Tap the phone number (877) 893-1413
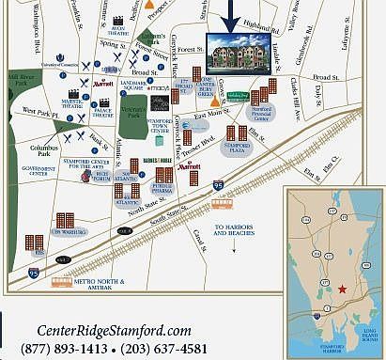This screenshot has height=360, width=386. pyautogui.click(x=69, y=349)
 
